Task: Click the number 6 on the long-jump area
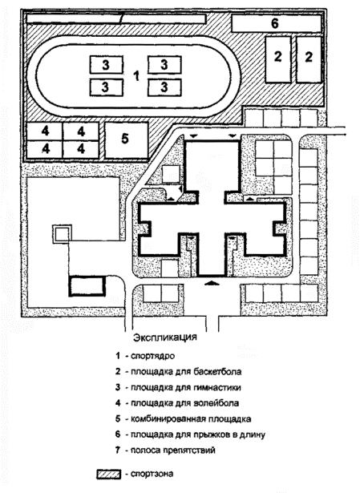click(275, 23)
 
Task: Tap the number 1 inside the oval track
click(136, 76)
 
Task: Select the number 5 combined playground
click(125, 139)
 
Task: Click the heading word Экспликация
click(165, 337)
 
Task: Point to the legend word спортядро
click(152, 357)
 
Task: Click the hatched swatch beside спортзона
click(108, 474)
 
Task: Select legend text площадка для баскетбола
click(186, 372)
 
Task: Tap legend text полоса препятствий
click(173, 451)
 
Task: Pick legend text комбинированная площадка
click(191, 418)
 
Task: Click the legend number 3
click(118, 387)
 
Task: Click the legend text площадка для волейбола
click(184, 403)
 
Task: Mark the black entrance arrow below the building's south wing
click(212, 283)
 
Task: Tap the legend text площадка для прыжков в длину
click(198, 434)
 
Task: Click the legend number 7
click(118, 451)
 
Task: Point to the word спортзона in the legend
click(152, 474)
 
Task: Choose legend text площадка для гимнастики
click(186, 387)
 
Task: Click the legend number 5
click(118, 418)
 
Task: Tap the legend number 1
click(118, 356)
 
